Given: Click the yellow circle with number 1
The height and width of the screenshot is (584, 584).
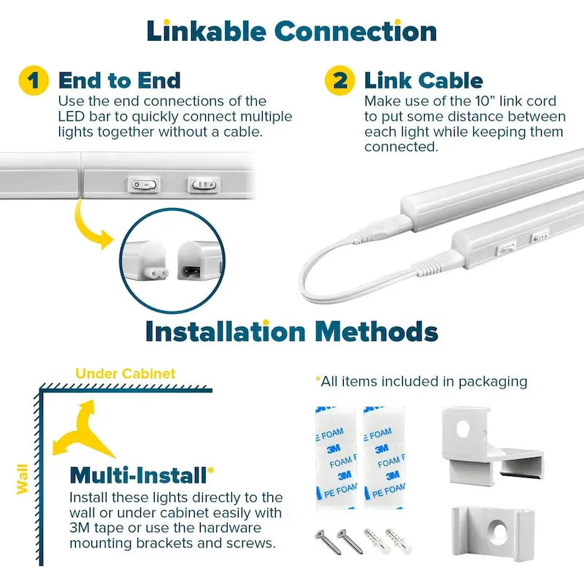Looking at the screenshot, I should tap(34, 80).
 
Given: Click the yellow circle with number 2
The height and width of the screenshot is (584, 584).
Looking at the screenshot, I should tap(340, 80).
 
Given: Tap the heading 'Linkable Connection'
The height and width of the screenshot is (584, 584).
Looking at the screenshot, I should tap(292, 31).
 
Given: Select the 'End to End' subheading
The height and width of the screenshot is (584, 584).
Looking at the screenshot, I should tap(119, 80).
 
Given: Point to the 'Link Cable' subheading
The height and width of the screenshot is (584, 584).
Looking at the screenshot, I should tap(423, 80).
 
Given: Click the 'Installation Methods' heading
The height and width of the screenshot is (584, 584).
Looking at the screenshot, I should tap(292, 331).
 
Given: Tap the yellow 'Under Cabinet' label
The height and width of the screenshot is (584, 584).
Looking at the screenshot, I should tap(126, 374).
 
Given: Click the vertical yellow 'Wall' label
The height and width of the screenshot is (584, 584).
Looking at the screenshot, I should tap(23, 477).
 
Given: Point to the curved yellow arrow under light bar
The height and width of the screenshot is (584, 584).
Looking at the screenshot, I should tap(92, 222).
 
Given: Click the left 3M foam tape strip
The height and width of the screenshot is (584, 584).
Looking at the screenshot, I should tap(333, 456).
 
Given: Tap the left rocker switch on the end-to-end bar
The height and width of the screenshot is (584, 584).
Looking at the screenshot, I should tap(145, 185).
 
